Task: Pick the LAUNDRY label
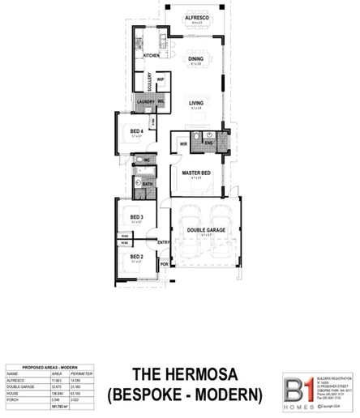point(146,101)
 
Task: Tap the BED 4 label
point(137,131)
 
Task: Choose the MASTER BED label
point(196,173)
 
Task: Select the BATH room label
point(148,185)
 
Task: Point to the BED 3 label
point(137,217)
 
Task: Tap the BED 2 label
point(137,257)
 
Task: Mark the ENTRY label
point(163,242)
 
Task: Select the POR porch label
point(164,264)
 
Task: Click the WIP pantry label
point(161,79)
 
